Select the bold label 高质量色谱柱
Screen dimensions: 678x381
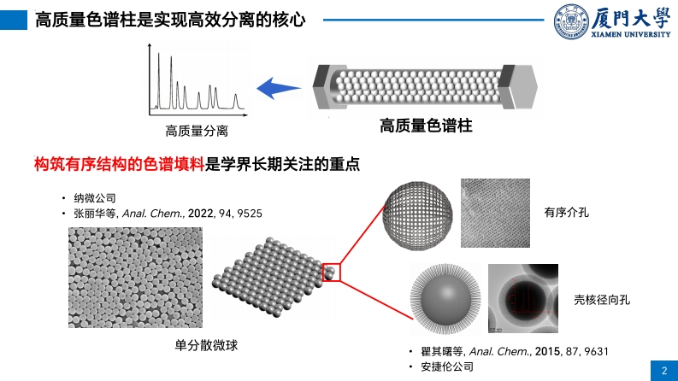point(426,126)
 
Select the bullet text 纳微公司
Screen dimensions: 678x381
point(95,198)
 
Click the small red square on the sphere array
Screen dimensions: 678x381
point(331,272)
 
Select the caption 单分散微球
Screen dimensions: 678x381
point(203,344)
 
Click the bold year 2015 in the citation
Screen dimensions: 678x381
point(551,351)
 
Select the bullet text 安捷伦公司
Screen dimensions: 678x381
point(445,366)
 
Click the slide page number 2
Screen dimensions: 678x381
point(664,370)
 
